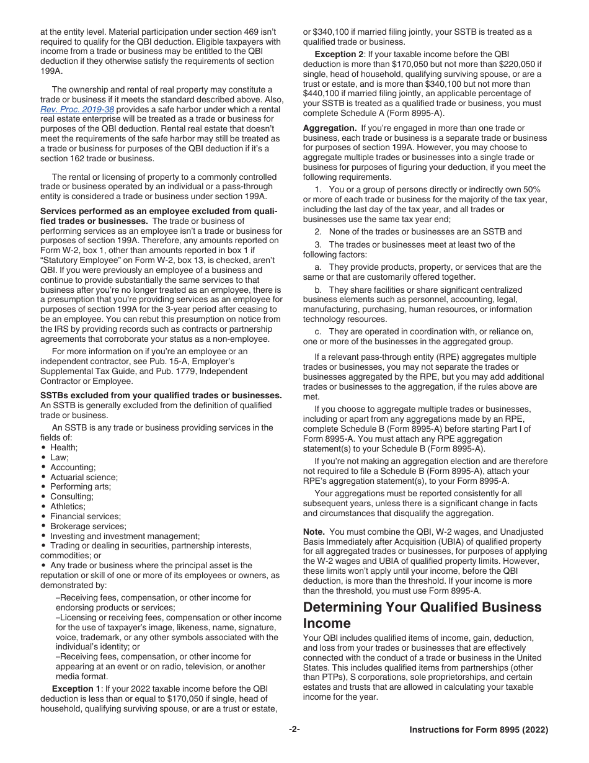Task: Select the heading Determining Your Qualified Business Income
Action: pos(422,615)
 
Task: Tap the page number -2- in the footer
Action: pos(294,730)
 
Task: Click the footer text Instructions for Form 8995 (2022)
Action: pos(479,730)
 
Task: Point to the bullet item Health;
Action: pos(64,447)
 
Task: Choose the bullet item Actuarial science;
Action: pos(84,477)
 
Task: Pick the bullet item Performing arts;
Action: pos(81,487)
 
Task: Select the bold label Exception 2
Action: pos(339,54)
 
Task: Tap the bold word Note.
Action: pos(314,532)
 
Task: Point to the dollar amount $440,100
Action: pos(321,94)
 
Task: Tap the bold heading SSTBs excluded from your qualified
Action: pos(161,396)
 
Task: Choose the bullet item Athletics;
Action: pos(68,506)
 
